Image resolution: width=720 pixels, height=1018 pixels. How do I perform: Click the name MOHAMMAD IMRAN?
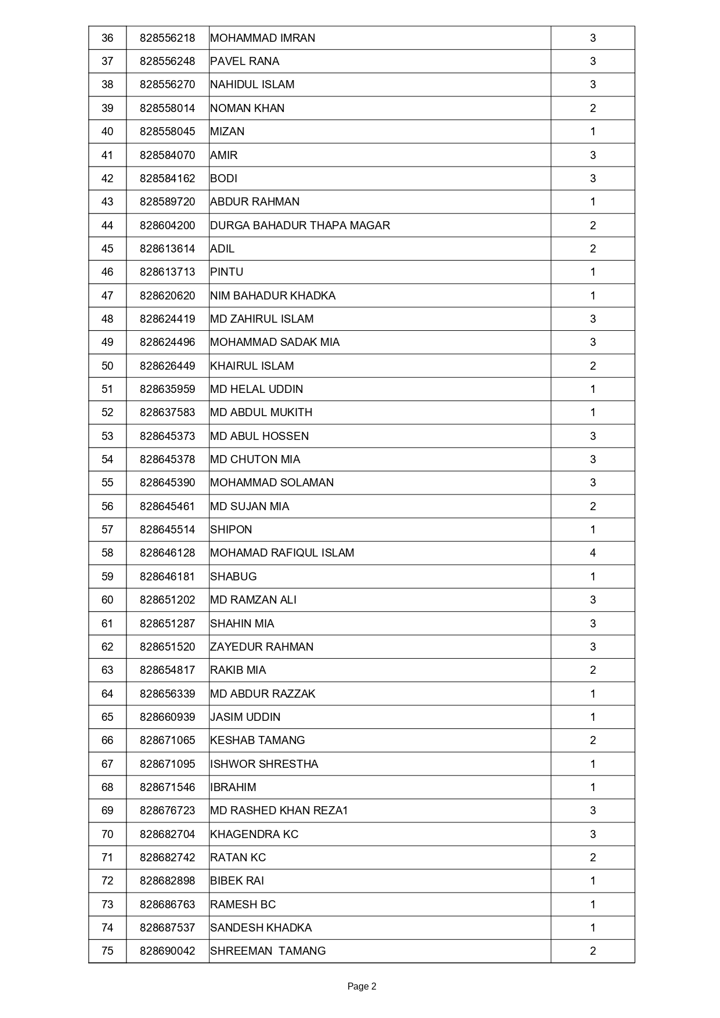pos(263,38)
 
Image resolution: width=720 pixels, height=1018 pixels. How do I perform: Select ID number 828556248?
pos(167,62)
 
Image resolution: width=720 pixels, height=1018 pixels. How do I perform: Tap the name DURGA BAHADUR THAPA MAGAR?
pos(300,225)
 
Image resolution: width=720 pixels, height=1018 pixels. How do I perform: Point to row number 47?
pos(107,295)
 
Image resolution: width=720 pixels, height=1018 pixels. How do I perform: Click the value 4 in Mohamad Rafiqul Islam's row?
pos(592,553)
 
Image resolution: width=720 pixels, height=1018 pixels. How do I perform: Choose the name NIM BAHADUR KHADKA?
pos(273,295)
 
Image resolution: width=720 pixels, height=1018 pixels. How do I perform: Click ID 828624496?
pos(167,342)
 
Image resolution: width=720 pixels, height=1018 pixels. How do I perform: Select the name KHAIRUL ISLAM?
pos(252,366)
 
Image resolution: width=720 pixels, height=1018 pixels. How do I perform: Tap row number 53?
pos(107,436)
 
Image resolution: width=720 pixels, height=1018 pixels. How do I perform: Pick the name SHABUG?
pos(233,576)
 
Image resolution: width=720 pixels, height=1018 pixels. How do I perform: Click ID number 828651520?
pos(167,647)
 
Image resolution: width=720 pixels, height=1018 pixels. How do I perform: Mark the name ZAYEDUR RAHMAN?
pos(262,647)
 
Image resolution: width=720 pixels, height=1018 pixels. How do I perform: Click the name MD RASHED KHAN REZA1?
pos(279,810)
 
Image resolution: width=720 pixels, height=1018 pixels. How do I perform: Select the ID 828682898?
pos(167,880)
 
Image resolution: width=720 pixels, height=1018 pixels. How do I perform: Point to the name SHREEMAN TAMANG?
pos(268,951)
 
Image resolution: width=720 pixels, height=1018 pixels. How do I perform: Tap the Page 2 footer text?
pos(361,986)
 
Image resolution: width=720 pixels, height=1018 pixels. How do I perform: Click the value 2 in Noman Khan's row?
pos(592,109)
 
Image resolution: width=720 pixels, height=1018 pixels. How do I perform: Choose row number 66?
pos(107,740)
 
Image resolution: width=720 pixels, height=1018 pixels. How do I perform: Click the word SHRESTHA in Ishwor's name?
pos(290,764)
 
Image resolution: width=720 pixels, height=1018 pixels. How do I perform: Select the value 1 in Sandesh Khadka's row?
pos(592,927)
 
